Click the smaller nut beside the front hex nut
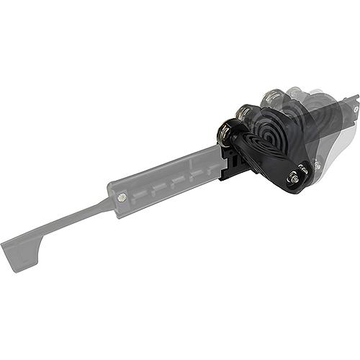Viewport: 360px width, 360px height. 304,169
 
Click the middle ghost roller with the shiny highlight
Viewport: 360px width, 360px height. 272,95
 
